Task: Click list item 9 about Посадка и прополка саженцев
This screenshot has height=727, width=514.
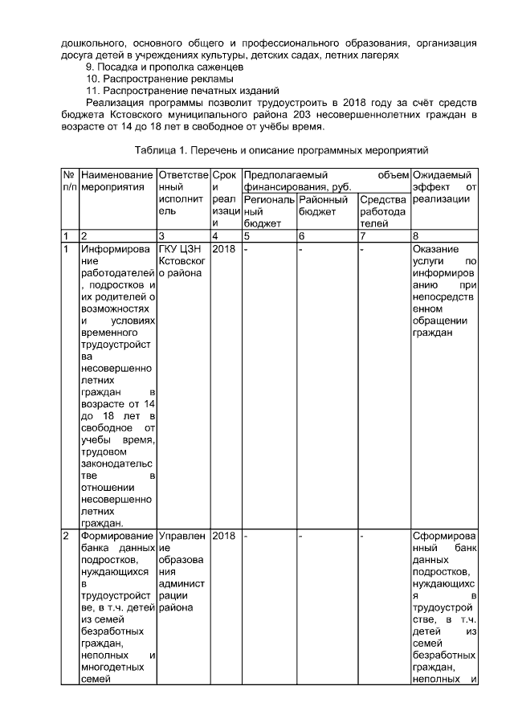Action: pyautogui.click(x=159, y=67)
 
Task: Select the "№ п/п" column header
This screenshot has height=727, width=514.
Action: pyautogui.click(x=69, y=180)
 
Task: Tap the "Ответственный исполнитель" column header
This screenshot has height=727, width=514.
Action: pyautogui.click(x=183, y=192)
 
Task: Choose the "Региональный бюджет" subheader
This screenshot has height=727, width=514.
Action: pyautogui.click(x=268, y=210)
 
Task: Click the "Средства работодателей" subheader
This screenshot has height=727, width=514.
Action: pyautogui.click(x=383, y=210)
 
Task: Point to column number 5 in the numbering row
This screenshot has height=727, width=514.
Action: pyautogui.click(x=247, y=235)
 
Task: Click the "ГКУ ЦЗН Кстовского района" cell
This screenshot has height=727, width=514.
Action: pyautogui.click(x=182, y=260)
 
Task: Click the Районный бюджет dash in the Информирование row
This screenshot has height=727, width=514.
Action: pyautogui.click(x=300, y=249)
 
